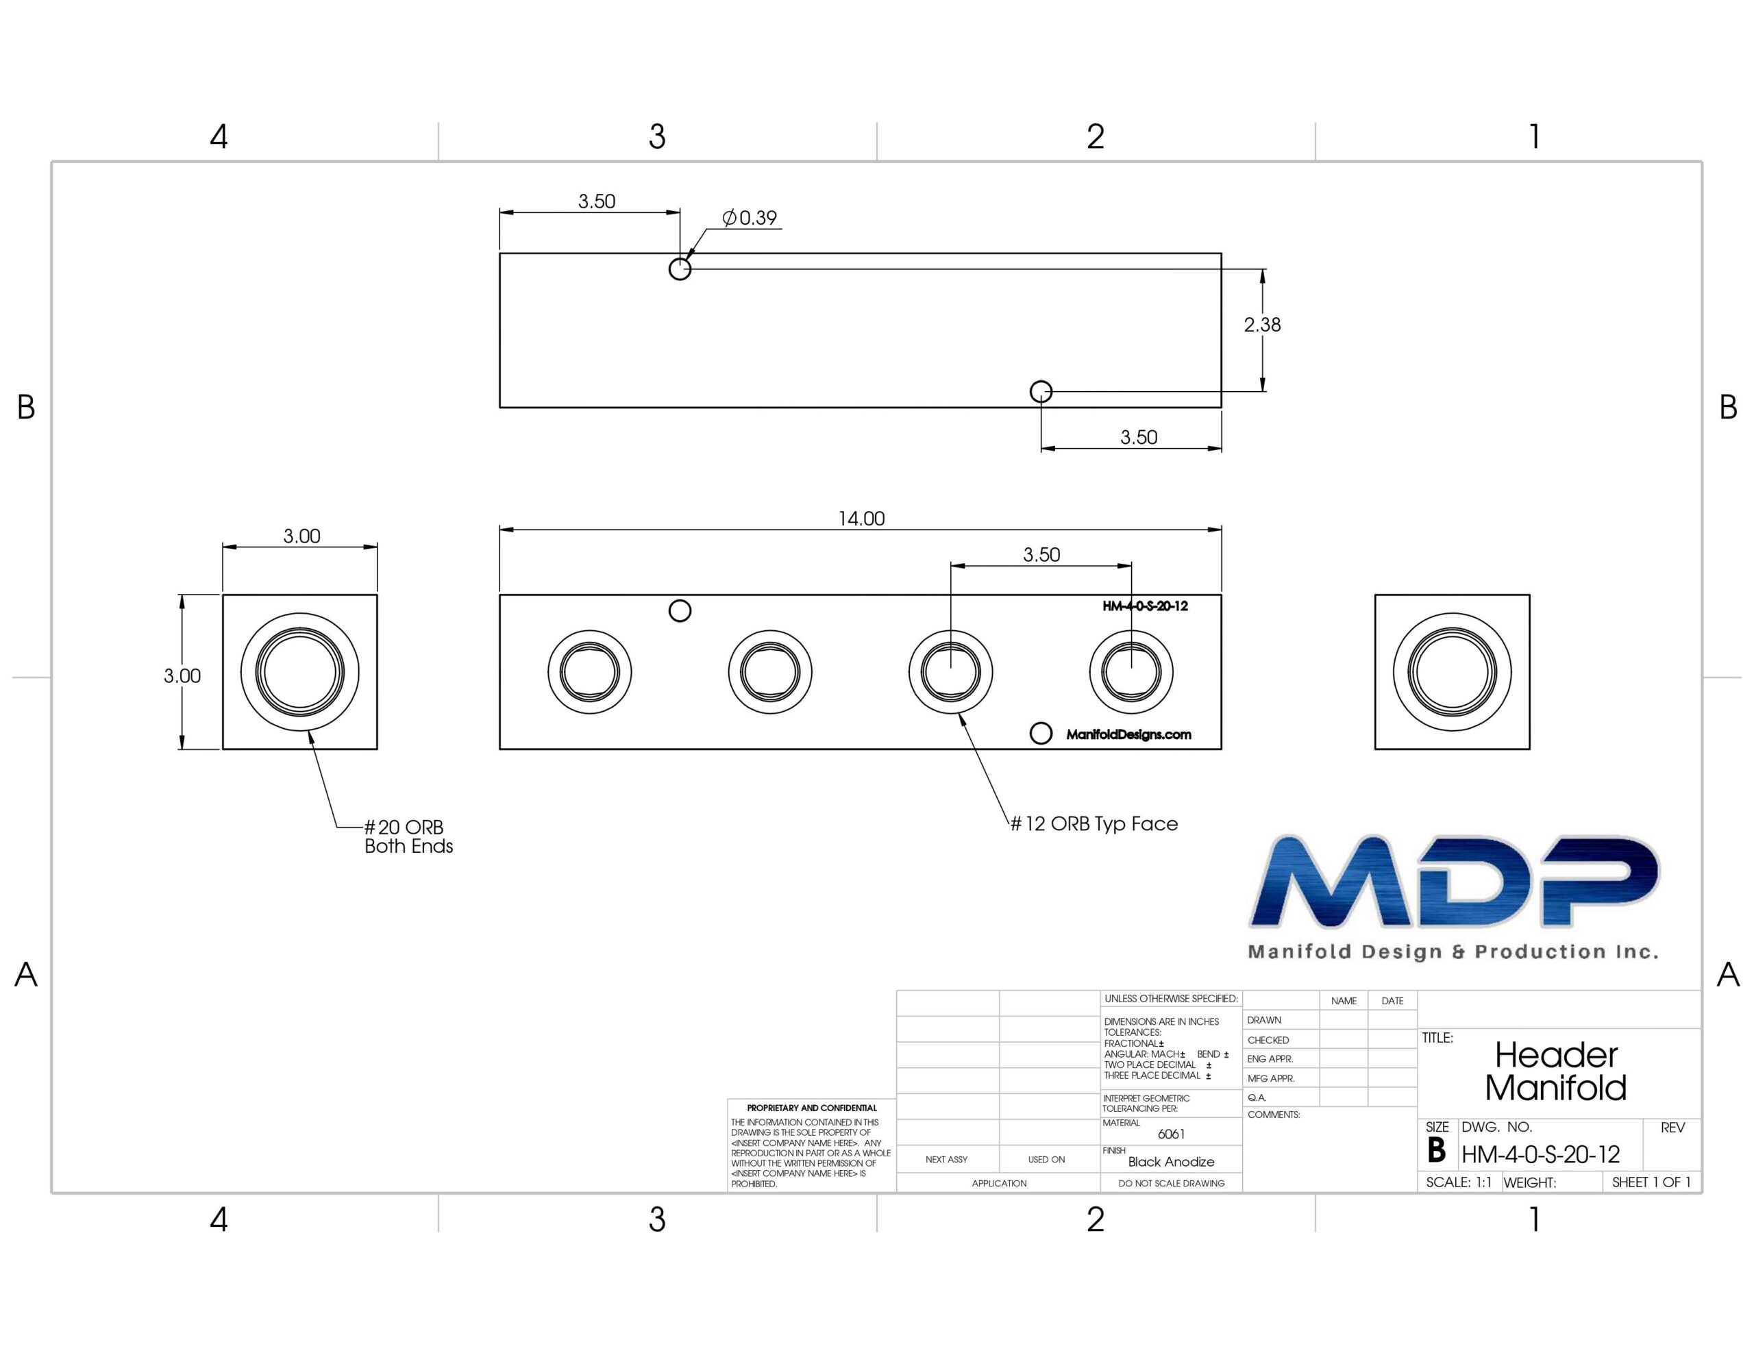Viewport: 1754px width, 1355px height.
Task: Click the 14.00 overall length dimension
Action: click(x=861, y=519)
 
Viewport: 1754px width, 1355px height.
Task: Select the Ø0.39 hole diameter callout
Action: click(x=750, y=218)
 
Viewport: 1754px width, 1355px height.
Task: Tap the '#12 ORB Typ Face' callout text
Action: click(x=1094, y=824)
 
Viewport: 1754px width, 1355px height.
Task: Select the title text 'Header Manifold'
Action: click(x=1555, y=1071)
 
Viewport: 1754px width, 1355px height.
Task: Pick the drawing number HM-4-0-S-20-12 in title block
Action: click(x=1540, y=1155)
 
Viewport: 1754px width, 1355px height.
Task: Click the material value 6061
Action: click(x=1171, y=1134)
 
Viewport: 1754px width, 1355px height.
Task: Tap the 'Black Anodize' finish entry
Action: click(x=1171, y=1161)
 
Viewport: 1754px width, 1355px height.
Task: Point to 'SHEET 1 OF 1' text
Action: click(x=1651, y=1182)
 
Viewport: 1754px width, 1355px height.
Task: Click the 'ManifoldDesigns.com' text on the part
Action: click(x=1128, y=734)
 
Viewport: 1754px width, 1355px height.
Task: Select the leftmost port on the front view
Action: click(x=589, y=671)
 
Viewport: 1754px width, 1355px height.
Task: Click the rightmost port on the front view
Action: click(x=1131, y=671)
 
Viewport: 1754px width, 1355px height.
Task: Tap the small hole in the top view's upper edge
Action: click(x=680, y=269)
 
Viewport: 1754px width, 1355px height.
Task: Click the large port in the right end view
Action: click(x=1452, y=672)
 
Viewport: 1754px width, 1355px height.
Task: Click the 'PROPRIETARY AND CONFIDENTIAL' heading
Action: click(x=812, y=1108)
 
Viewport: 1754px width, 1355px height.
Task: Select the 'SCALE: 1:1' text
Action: click(x=1459, y=1182)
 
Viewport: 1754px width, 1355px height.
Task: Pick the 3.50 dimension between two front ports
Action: click(x=1041, y=555)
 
